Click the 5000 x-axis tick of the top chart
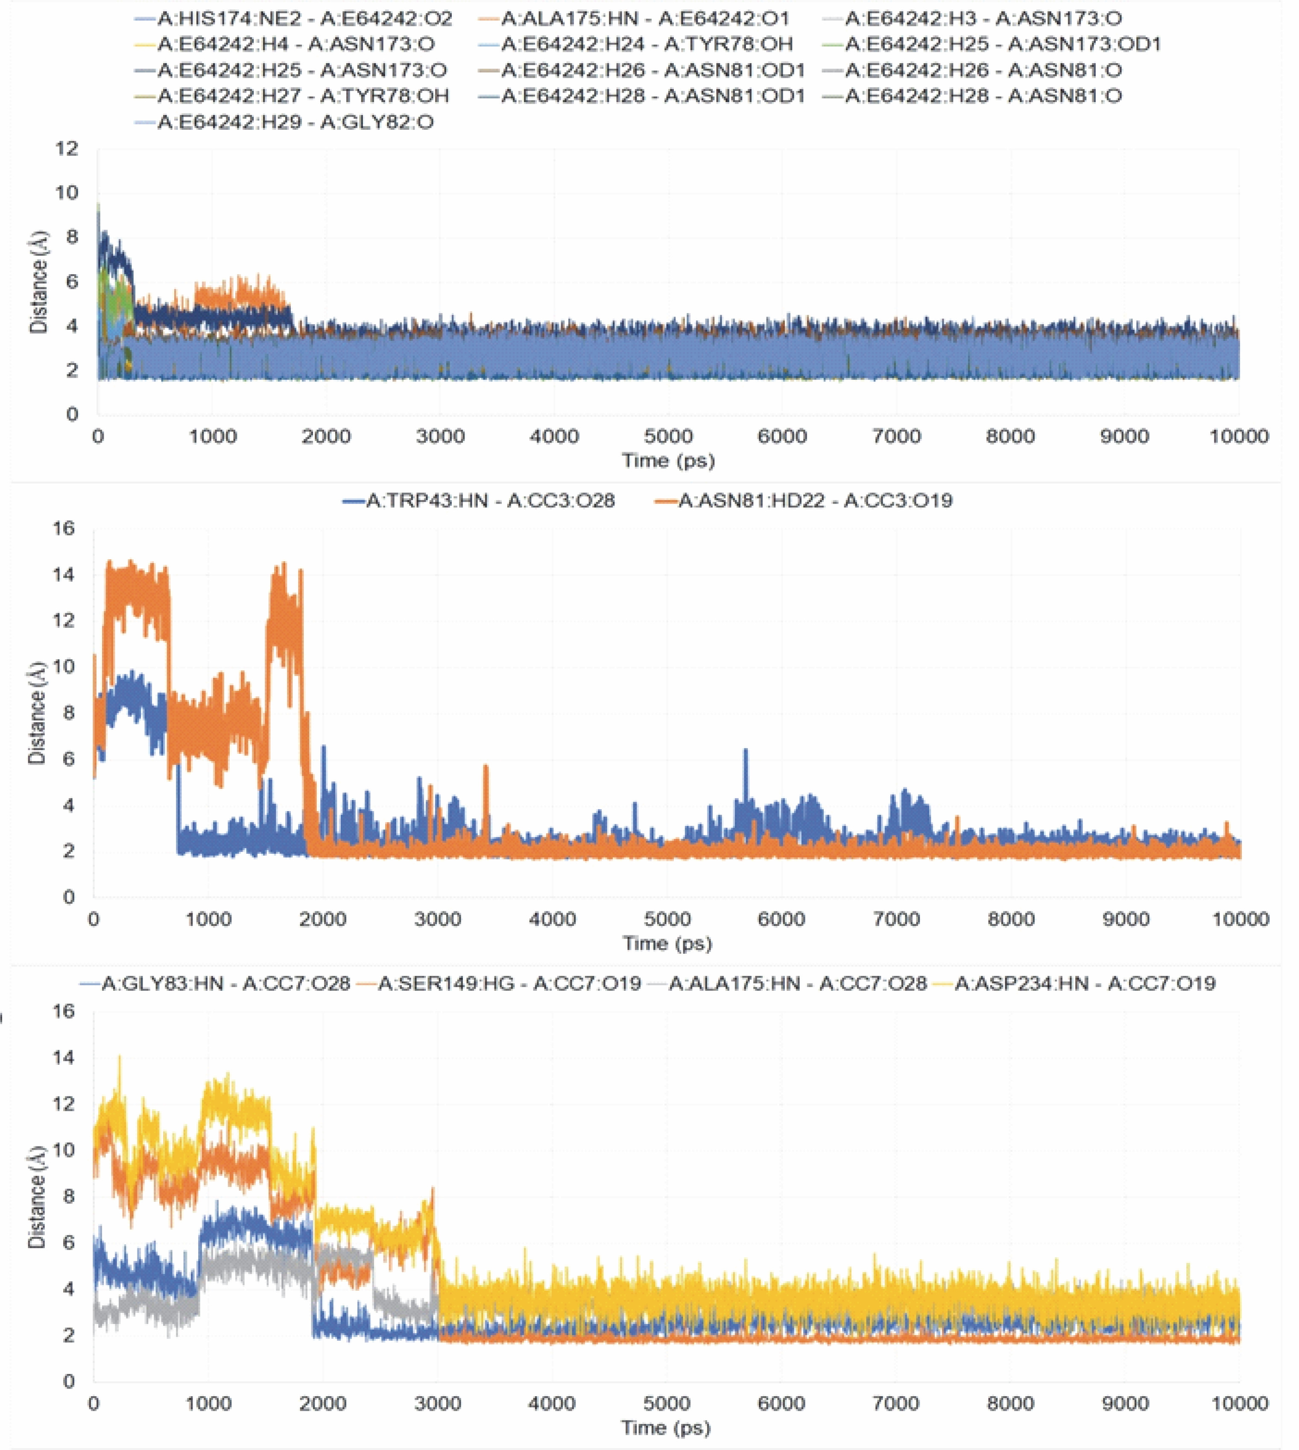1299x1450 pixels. [x=668, y=436]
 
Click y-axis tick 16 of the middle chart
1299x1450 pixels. [x=64, y=528]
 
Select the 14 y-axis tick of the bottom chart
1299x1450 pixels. [x=64, y=1057]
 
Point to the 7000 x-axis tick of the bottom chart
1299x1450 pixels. [x=896, y=1403]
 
